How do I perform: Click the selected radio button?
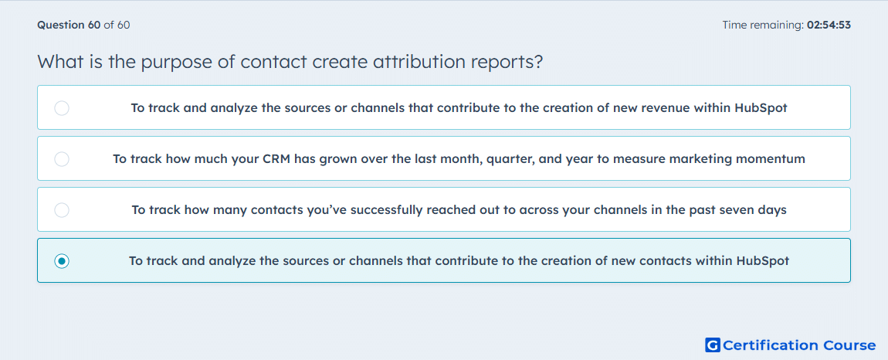62,261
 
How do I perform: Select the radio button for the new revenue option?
62,107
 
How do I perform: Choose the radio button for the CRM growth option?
62,158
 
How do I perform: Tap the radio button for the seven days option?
62,210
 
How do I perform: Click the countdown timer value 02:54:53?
829,25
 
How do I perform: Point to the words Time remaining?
763,25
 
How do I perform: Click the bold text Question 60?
69,25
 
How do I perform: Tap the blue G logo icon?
713,345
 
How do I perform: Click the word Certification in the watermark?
771,345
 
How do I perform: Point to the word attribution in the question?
418,61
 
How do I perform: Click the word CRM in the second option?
277,158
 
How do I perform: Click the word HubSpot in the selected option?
763,261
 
